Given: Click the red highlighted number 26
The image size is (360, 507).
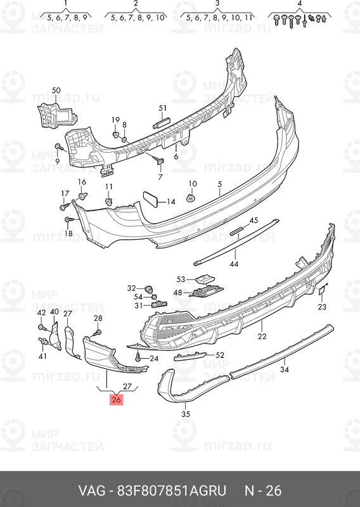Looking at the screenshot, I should [116, 400].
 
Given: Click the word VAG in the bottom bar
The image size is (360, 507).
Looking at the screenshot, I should [91, 491].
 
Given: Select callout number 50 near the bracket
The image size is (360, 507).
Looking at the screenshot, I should [56, 91].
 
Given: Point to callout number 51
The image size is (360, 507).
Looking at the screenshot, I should [162, 108].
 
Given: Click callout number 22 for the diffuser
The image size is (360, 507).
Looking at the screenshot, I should [262, 337].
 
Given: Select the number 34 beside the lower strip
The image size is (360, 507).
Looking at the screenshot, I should [285, 369].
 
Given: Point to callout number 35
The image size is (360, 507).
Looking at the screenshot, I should [186, 414].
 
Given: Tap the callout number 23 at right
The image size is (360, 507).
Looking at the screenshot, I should [322, 307].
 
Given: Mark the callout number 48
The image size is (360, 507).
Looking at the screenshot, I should [177, 293].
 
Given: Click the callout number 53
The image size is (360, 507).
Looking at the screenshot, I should [181, 279].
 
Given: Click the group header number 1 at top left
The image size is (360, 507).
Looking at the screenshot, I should [65, 3].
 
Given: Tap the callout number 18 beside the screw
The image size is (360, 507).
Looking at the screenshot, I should [68, 234].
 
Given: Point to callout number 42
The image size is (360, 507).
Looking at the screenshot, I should [41, 313].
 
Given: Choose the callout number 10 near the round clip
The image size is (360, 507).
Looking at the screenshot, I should [192, 184].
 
